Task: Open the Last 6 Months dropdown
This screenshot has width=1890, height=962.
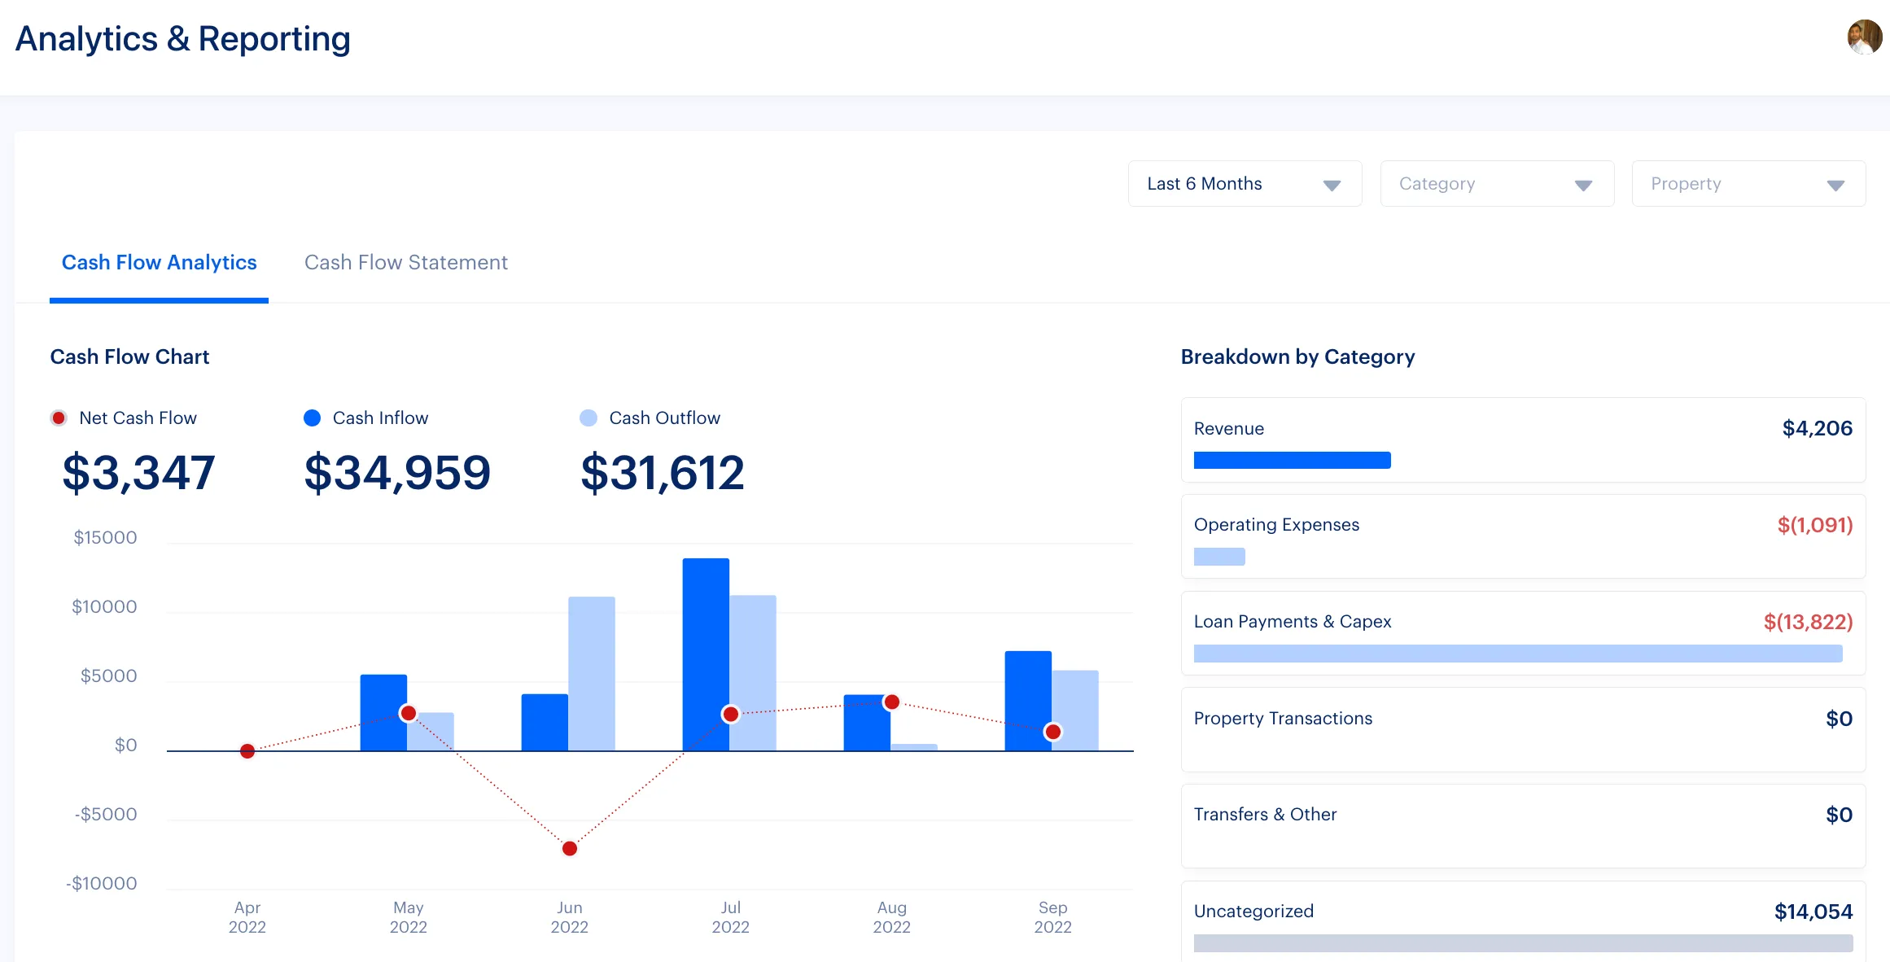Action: pos(1244,184)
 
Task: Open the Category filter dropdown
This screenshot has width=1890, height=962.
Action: pos(1496,184)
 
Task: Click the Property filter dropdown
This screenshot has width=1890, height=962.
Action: pos(1748,184)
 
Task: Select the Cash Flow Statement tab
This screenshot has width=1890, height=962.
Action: pos(405,263)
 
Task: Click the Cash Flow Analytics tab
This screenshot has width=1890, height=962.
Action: pos(159,263)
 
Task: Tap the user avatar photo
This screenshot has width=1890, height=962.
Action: pos(1864,37)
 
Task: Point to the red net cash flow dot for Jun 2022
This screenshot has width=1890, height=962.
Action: pos(570,848)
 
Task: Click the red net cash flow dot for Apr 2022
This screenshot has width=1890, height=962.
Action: pos(247,750)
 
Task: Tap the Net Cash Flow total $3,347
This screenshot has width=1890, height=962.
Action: pos(138,473)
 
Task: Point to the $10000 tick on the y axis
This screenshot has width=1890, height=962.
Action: pos(104,607)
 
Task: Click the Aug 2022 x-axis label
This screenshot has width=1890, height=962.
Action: pos(891,917)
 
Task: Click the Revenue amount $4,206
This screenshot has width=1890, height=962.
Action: pos(1817,429)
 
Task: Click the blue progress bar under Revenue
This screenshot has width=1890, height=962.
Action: pos(1292,461)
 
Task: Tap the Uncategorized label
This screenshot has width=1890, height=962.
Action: pos(1253,912)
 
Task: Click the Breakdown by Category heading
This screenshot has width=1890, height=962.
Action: pos(1297,357)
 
